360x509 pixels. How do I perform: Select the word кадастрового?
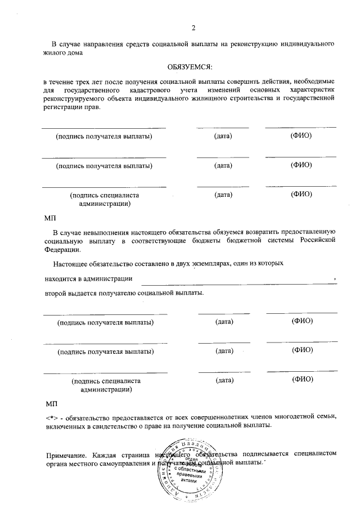151,91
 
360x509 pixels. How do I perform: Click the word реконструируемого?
71,99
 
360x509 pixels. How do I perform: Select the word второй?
56,293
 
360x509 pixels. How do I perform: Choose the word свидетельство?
105,426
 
